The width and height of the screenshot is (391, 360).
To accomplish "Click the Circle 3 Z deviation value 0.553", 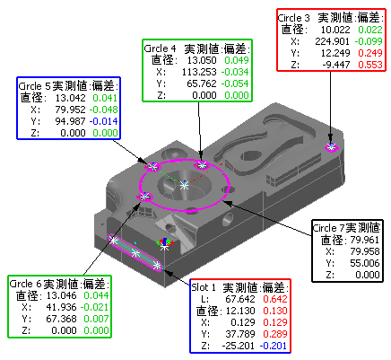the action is [370, 65].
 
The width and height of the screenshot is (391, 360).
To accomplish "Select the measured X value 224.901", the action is [332, 41].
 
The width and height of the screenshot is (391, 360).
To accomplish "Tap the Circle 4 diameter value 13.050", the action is [202, 60].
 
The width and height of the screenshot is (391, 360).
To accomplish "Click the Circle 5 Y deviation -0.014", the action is [103, 121].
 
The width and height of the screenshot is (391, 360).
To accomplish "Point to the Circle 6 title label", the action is [26, 284].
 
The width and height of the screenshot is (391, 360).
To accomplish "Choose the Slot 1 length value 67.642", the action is [240, 299].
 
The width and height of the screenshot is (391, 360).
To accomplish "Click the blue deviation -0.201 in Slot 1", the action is [274, 346].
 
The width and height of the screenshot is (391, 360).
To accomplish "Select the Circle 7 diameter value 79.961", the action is [365, 240].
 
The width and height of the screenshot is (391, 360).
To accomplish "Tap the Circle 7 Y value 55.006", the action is [365, 263].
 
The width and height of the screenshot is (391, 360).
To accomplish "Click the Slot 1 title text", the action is [204, 287].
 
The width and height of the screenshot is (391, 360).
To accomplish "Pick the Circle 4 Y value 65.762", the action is [202, 83].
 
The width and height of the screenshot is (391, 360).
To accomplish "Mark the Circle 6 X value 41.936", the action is [61, 307].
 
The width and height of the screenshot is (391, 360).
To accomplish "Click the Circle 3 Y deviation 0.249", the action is [370, 53].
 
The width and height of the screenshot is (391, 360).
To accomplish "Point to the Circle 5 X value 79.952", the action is [70, 110].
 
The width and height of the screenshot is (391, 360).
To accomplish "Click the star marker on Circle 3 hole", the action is [331, 147].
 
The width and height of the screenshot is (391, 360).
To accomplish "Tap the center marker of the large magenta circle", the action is [184, 186].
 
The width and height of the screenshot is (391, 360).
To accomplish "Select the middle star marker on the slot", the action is [136, 253].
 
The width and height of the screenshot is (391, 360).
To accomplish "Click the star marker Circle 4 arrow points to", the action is [203, 164].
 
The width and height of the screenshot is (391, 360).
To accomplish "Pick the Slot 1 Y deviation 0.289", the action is [275, 334].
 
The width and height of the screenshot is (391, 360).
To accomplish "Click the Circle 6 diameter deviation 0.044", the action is [96, 295].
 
